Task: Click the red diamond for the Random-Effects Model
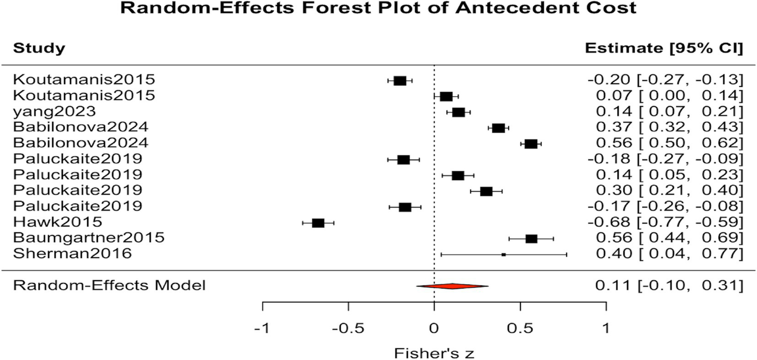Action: pos(452,286)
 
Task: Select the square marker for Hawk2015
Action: pos(318,223)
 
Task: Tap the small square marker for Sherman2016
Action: pos(504,254)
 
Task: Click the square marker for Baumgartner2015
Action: pos(531,239)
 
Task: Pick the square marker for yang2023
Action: pos(458,112)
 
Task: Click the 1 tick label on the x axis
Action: pos(606,328)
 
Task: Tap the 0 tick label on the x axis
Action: pos(434,328)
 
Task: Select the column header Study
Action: pos(38,48)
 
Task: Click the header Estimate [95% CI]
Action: pos(663,48)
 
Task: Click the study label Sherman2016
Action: pos(72,254)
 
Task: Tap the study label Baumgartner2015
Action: pos(89,238)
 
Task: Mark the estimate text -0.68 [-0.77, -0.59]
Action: pos(665,222)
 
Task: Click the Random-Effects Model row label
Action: pos(109,285)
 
